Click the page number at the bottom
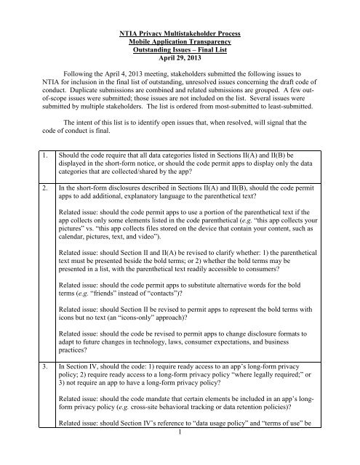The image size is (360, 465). pyautogui.click(x=180, y=456)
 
